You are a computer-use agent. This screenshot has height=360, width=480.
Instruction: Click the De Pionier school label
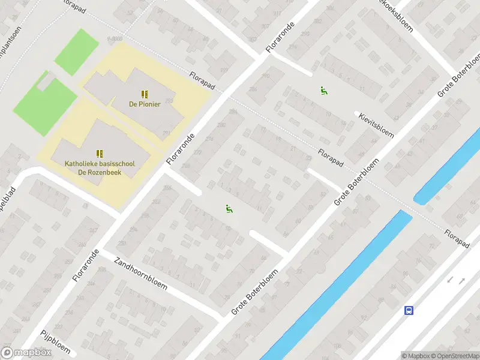(x=143, y=103)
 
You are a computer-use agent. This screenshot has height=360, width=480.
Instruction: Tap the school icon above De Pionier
(x=144, y=94)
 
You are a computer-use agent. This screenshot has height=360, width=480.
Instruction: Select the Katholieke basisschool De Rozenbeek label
(x=100, y=168)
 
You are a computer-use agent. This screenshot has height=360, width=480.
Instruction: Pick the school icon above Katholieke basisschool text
(x=100, y=154)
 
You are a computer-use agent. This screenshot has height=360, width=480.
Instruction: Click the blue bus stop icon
(x=409, y=310)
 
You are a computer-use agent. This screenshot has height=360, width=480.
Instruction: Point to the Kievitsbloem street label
(x=377, y=124)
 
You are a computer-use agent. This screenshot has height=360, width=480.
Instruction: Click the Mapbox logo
(x=26, y=353)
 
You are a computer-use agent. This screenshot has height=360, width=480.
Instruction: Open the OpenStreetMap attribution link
(x=454, y=356)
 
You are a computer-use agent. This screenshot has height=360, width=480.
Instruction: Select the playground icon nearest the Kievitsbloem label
(x=324, y=91)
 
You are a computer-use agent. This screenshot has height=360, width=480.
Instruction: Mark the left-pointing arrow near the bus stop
(x=450, y=280)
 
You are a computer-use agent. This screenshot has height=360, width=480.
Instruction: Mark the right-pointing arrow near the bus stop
(x=462, y=280)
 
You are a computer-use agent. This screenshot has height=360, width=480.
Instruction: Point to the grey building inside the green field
(x=44, y=82)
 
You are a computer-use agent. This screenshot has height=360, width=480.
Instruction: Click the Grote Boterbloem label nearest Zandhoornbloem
(x=255, y=293)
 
